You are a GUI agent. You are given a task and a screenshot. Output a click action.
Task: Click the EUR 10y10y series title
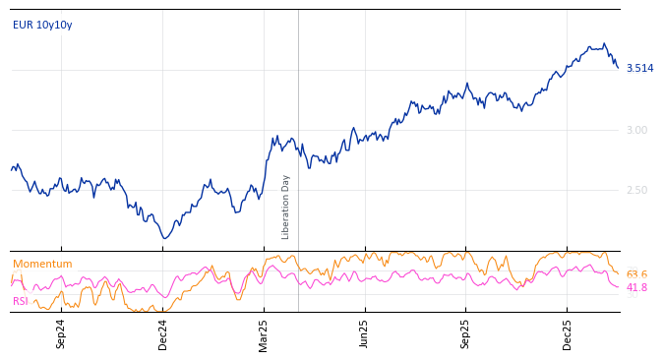[x=42, y=25]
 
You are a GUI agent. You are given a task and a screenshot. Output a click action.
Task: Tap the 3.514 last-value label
[x=639, y=68]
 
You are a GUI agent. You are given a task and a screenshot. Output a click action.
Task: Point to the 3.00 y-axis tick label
[x=636, y=130]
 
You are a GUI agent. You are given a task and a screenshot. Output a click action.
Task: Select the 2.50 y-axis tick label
[x=636, y=190]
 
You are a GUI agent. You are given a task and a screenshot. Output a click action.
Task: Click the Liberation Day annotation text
[x=286, y=207]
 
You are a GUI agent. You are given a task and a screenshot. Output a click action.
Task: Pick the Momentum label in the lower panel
[x=42, y=264]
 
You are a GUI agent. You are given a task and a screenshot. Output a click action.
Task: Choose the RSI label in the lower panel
[x=21, y=301]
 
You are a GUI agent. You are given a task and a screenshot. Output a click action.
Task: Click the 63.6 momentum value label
[x=636, y=274]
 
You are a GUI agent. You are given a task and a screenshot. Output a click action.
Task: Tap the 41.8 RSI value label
[x=636, y=287]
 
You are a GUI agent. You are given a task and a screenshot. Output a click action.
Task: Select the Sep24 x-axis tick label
[x=61, y=333]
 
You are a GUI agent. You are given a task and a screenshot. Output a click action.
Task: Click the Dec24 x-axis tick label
[x=163, y=333]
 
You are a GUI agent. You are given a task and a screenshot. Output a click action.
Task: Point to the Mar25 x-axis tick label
[x=264, y=333]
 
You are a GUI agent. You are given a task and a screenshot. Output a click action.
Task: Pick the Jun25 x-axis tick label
[x=364, y=333]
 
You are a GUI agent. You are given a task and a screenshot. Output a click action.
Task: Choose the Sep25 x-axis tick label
[x=466, y=333]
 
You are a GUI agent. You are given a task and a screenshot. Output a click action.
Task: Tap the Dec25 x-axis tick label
[x=568, y=333]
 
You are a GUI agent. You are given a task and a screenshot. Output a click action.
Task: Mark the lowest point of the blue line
[x=165, y=238]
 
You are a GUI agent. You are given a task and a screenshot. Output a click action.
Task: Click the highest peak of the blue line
[x=604, y=43]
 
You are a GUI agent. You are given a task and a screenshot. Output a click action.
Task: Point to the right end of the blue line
[x=618, y=68]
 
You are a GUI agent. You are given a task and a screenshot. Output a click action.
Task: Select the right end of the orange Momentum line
[x=618, y=273]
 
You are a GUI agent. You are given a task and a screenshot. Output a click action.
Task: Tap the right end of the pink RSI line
[x=618, y=286]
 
